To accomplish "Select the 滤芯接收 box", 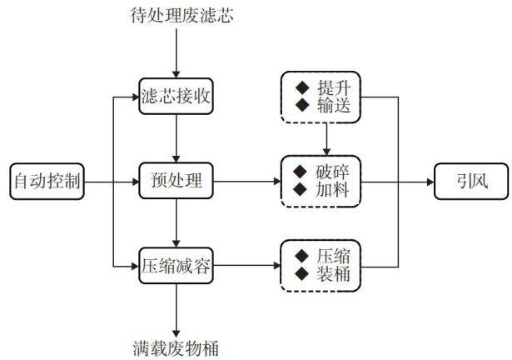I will point(176,97).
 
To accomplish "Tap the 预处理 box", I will point(176,180).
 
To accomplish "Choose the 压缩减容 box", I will point(176,268).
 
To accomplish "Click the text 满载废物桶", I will point(176,347).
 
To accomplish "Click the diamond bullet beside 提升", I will point(301,87).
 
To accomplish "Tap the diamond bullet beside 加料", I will point(301,189).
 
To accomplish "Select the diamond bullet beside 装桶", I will point(301,275).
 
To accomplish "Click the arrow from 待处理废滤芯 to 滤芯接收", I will point(176,55).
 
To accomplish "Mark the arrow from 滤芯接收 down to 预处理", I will point(176,138).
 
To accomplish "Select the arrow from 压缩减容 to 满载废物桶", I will point(176,308).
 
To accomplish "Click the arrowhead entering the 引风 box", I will point(428,180).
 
